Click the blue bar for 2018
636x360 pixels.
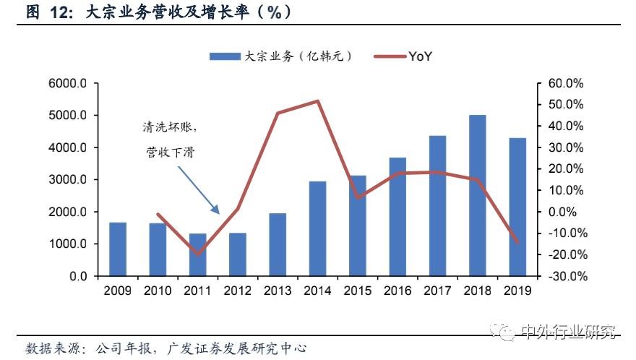[477, 195]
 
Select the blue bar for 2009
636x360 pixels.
[118, 249]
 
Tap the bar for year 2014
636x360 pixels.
[317, 228]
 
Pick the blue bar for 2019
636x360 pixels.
[517, 207]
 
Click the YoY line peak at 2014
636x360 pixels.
[317, 100]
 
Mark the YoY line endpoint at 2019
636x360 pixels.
[517, 242]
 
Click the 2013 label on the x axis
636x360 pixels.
[278, 291]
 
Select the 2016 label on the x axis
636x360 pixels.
[397, 291]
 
